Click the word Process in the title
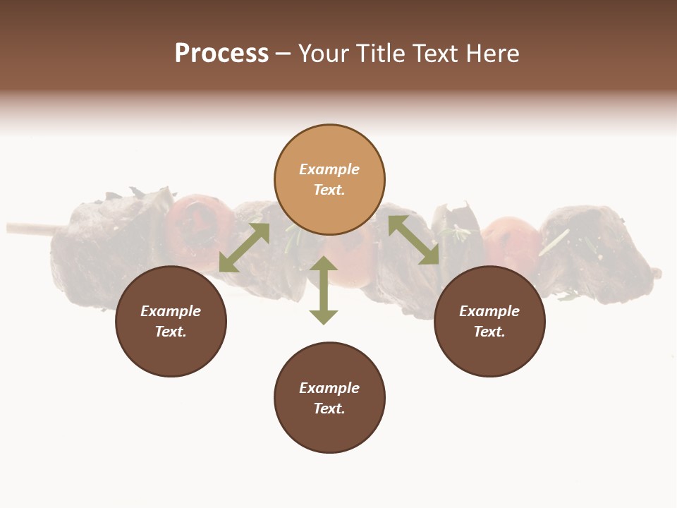pyautogui.click(x=221, y=54)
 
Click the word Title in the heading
pyautogui.click(x=379, y=54)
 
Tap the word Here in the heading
pyautogui.click(x=492, y=54)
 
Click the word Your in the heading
pyautogui.click(x=324, y=54)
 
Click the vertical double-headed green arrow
pyautogui.click(x=324, y=290)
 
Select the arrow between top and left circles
pyautogui.click(x=244, y=248)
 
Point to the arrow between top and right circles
pyautogui.click(x=413, y=240)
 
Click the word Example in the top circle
pyautogui.click(x=329, y=169)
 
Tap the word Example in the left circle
pyautogui.click(x=171, y=311)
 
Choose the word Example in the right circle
pyautogui.click(x=489, y=311)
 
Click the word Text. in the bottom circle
pyautogui.click(x=329, y=409)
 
